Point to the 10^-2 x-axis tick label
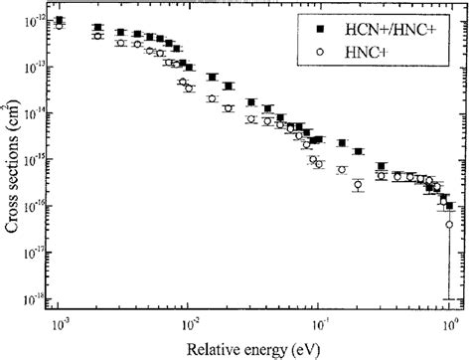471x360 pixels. (x=189, y=323)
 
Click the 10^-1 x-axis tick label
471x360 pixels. (x=320, y=323)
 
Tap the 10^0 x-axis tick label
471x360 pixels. (x=449, y=323)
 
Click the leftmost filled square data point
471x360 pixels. (x=61, y=20)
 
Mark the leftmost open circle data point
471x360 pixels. (x=61, y=26)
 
